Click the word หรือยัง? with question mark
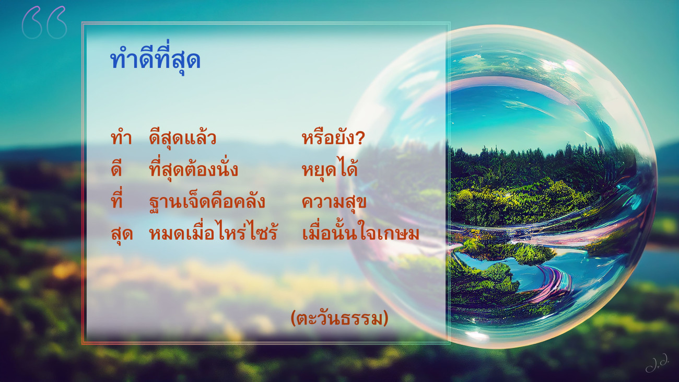(x=333, y=138)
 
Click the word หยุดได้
(x=330, y=169)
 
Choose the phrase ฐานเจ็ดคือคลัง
(x=207, y=202)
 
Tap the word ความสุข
(x=334, y=202)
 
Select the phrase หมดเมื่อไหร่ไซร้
(x=213, y=233)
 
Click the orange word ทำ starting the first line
(x=121, y=137)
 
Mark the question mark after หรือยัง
(x=360, y=138)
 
